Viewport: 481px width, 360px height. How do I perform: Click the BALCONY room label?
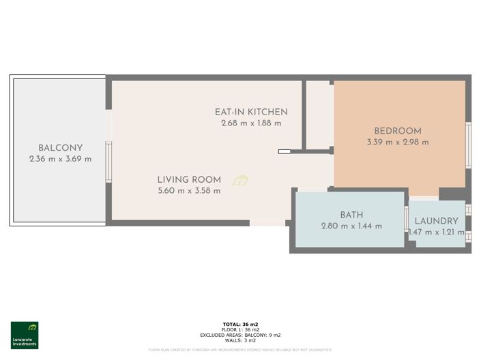pyautogui.click(x=61, y=148)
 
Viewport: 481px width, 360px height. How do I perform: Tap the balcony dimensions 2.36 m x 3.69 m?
pyautogui.click(x=61, y=159)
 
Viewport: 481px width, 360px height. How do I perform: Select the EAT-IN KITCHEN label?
pyautogui.click(x=251, y=112)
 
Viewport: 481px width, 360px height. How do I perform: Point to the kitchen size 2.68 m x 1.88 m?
pyautogui.click(x=251, y=123)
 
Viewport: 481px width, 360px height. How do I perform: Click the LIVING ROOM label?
pyautogui.click(x=189, y=180)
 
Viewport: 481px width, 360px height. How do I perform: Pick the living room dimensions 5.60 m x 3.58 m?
pyautogui.click(x=189, y=191)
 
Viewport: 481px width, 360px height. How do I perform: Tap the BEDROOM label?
pyautogui.click(x=398, y=131)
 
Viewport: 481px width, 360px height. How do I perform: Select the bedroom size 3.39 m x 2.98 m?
pyautogui.click(x=398, y=142)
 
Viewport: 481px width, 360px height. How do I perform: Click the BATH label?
pyautogui.click(x=351, y=215)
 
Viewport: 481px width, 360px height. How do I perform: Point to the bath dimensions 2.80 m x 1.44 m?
pyautogui.click(x=351, y=226)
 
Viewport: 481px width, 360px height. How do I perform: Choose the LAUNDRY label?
pyautogui.click(x=436, y=221)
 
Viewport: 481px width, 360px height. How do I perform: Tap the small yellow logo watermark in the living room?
pyautogui.click(x=240, y=181)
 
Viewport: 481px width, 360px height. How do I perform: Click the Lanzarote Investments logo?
pyautogui.click(x=25, y=335)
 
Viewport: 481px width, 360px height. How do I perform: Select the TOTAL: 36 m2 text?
pyautogui.click(x=240, y=324)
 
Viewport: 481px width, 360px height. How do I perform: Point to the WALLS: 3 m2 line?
pyautogui.click(x=240, y=340)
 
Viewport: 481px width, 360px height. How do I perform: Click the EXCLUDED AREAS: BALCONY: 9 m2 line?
pyautogui.click(x=240, y=335)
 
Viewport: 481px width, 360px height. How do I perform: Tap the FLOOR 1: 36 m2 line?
pyautogui.click(x=240, y=329)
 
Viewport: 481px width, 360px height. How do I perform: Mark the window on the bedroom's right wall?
pyautogui.click(x=468, y=145)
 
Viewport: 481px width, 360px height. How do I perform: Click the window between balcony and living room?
pyautogui.click(x=108, y=162)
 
